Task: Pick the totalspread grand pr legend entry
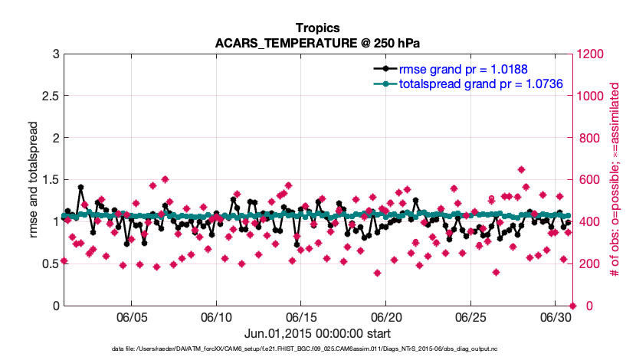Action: pos(480,83)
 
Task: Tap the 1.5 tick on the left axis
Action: pos(47,180)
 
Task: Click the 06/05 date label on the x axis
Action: pos(131,317)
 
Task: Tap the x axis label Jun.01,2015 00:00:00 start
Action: pos(317,333)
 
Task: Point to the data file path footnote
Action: pos(317,349)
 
